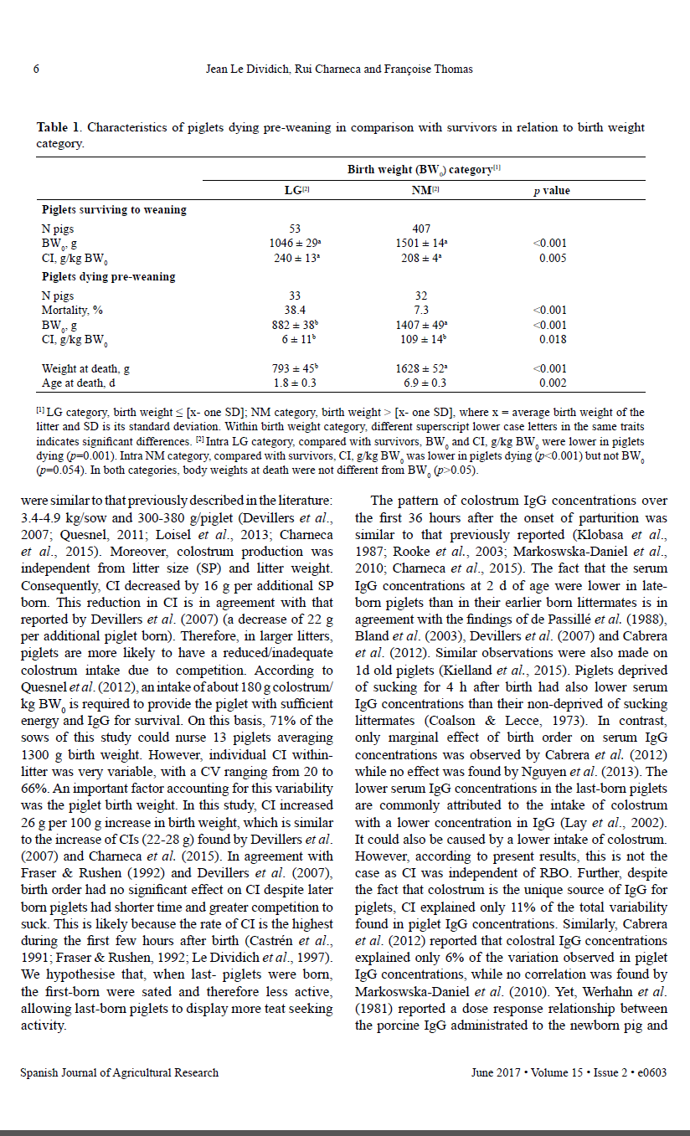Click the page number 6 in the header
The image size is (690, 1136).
point(36,69)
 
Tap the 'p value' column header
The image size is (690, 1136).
point(551,191)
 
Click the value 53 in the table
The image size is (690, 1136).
point(294,229)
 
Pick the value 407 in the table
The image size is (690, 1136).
point(421,229)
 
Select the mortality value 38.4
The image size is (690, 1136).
point(294,310)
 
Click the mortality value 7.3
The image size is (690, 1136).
point(421,310)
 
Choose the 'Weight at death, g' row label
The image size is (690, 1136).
point(85,368)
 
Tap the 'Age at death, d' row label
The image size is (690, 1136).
point(78,383)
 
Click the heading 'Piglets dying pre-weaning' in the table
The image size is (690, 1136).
point(108,276)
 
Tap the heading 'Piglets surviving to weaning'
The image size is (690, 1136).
point(114,209)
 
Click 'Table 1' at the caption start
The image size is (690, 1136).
point(59,128)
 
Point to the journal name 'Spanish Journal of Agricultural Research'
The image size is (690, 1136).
point(119,1072)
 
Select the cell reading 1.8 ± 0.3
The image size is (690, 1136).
point(294,383)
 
